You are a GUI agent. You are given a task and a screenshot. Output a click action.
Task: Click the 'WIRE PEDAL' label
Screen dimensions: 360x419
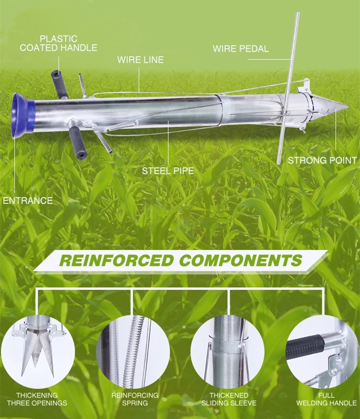click(x=240, y=49)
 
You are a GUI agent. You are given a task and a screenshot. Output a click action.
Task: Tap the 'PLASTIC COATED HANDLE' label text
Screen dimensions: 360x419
click(x=59, y=43)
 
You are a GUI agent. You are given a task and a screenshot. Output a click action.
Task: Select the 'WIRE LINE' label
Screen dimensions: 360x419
click(x=140, y=60)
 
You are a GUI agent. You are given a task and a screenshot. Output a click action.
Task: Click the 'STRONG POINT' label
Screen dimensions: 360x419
click(x=322, y=160)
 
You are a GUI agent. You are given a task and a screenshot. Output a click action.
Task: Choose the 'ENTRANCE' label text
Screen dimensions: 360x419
click(x=28, y=200)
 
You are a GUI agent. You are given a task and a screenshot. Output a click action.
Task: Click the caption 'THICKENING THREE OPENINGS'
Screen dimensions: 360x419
click(x=37, y=399)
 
